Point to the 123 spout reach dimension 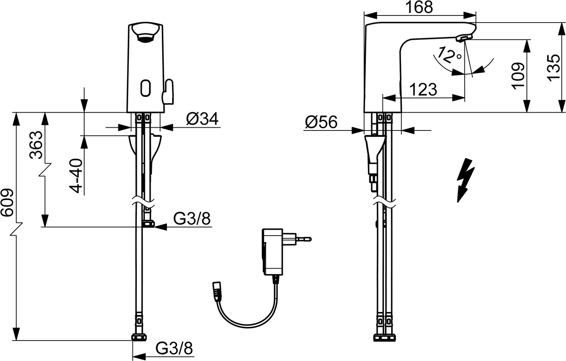(x=423, y=89)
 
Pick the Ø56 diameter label (x=321, y=122)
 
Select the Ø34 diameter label (x=202, y=119)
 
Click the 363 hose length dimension (x=36, y=145)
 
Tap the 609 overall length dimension (x=7, y=202)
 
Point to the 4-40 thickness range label (x=76, y=176)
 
